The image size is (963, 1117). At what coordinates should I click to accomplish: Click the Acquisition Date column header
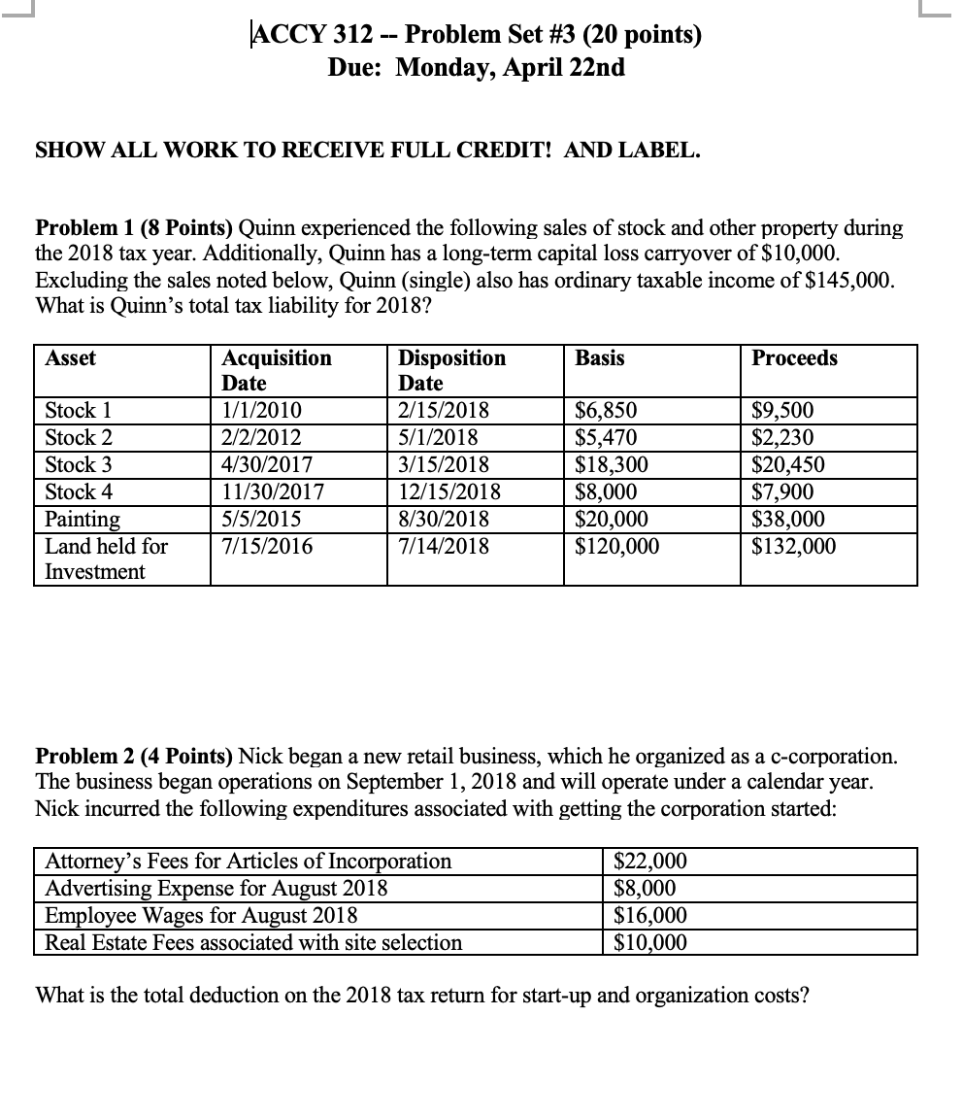(x=277, y=370)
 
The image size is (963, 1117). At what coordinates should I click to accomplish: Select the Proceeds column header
(x=794, y=358)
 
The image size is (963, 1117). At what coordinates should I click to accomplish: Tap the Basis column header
(x=600, y=358)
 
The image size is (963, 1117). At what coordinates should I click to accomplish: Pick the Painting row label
(x=83, y=519)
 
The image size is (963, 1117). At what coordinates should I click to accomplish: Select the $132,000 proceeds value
(x=793, y=546)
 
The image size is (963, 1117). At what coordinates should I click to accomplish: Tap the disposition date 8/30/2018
(x=444, y=519)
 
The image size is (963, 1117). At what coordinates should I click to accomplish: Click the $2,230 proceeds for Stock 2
(x=783, y=437)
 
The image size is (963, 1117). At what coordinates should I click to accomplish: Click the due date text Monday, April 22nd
(x=511, y=68)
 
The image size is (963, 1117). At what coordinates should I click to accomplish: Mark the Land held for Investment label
(x=106, y=558)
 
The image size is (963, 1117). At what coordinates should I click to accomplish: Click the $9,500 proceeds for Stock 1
(x=783, y=410)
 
